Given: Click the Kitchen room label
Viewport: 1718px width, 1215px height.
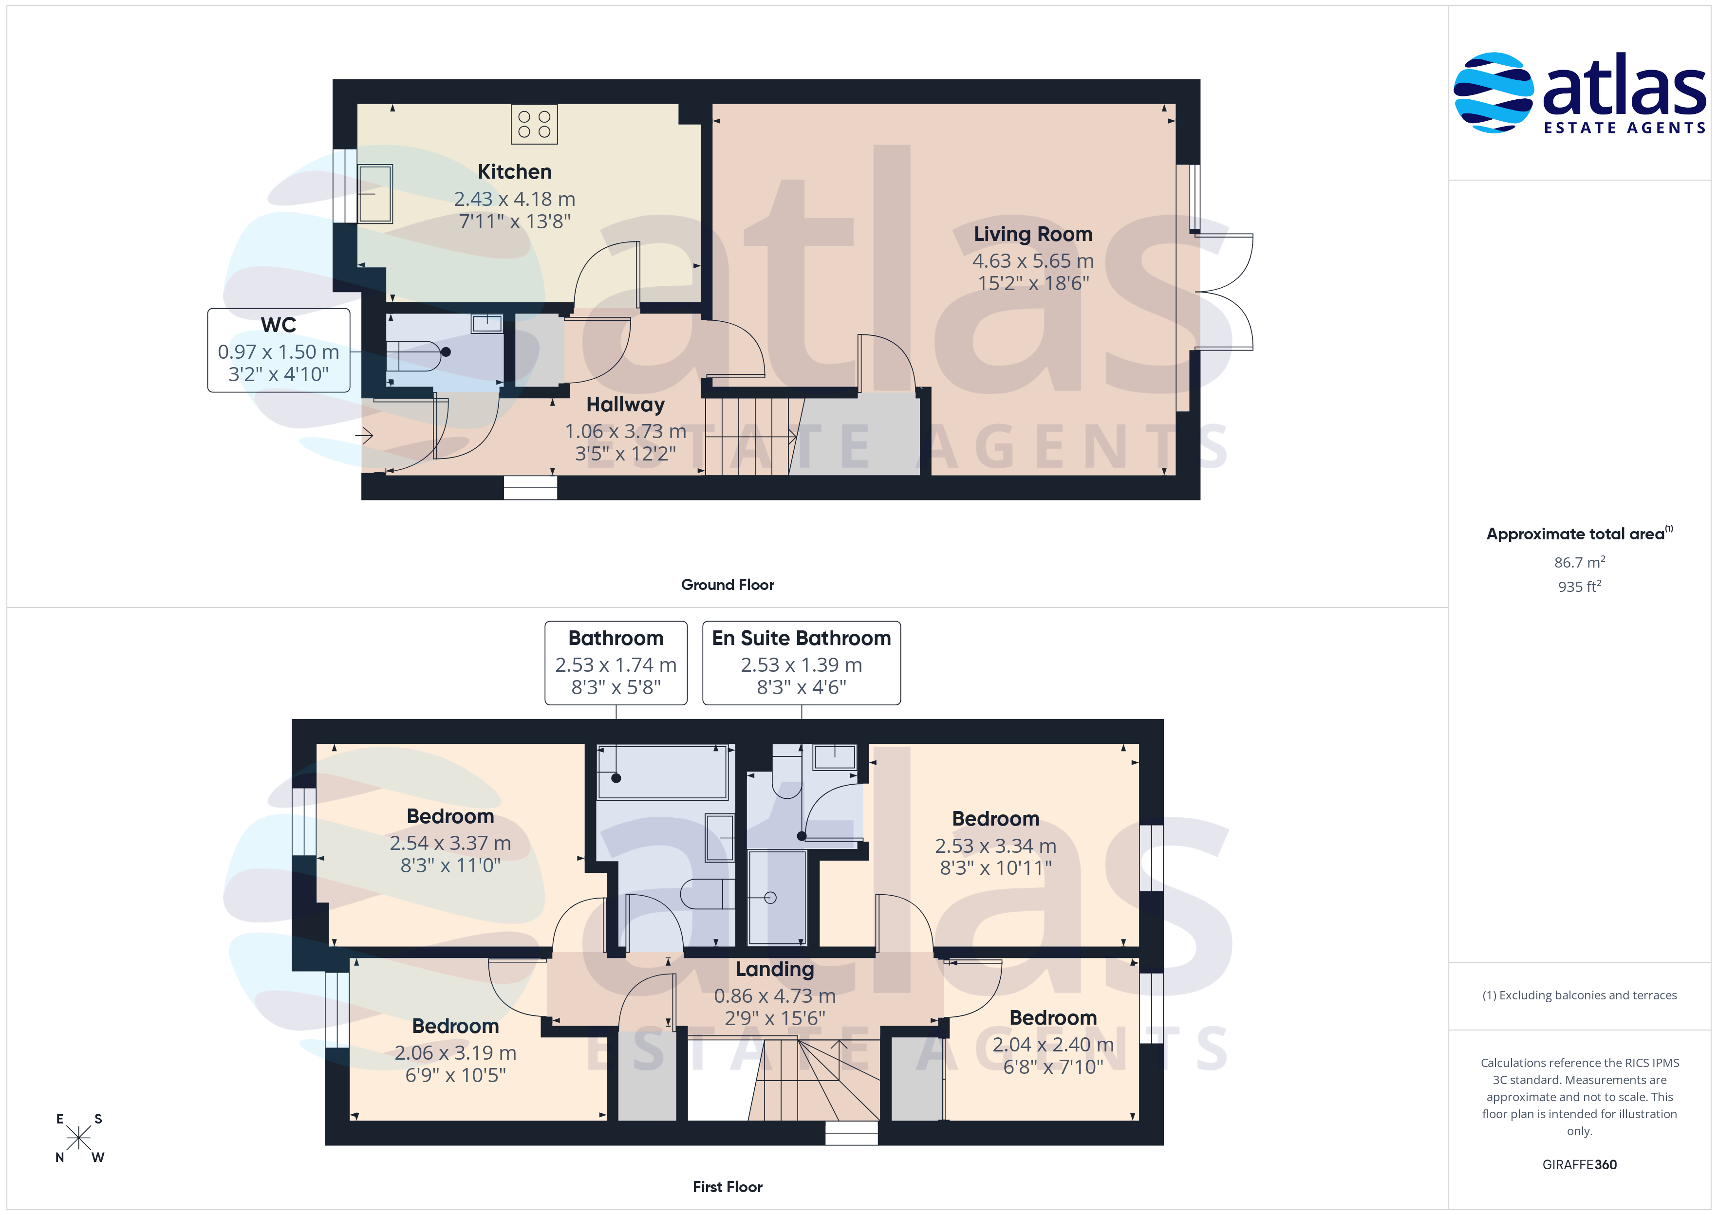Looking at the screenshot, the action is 515,171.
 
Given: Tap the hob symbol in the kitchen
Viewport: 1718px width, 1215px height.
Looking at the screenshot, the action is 534,124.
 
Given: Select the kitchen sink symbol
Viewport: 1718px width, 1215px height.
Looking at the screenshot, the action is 375,194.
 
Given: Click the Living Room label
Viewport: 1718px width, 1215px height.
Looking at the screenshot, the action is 1032,234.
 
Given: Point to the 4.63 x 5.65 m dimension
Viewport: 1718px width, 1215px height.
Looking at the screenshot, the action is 1032,261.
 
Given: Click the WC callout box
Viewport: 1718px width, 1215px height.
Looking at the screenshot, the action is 279,350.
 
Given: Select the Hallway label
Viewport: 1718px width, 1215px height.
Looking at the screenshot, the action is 626,405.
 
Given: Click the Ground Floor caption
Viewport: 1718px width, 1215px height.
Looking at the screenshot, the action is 728,585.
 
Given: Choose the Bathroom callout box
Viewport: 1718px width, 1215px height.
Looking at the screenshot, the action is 616,663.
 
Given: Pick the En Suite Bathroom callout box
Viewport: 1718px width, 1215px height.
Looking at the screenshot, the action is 802,663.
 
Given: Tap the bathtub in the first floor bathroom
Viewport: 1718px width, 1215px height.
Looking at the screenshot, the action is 662,772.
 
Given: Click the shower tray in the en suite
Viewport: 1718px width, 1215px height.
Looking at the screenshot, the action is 778,897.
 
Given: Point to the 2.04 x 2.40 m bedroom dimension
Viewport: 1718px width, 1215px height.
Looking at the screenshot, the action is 1053,1045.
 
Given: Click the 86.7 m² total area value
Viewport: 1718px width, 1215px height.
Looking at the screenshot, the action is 1579,562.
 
